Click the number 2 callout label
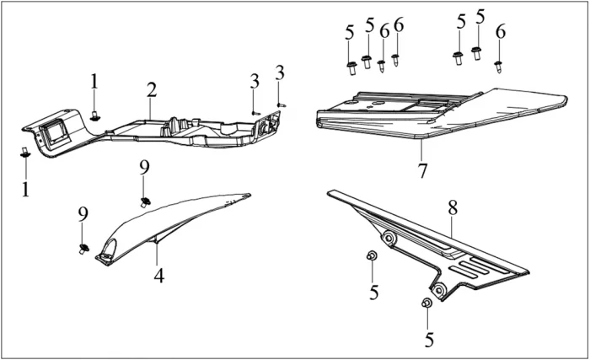click(152, 89)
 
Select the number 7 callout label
click(421, 170)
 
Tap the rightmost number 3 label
click(280, 75)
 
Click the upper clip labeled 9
click(145, 201)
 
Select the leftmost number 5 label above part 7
click(350, 33)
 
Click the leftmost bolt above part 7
click(350, 65)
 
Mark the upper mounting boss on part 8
click(389, 239)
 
